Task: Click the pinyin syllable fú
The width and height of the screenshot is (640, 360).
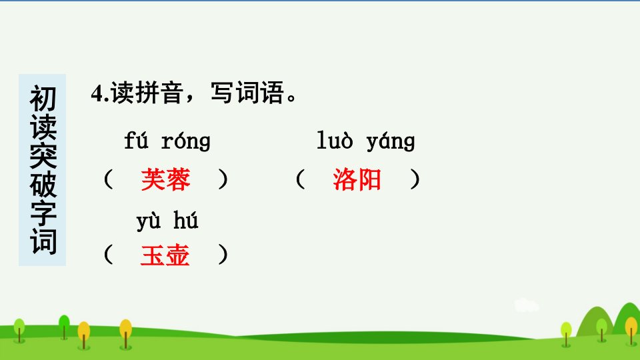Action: point(136,140)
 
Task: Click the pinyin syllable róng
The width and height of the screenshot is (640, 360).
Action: point(186,141)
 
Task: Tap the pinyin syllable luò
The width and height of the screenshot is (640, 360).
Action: point(335,140)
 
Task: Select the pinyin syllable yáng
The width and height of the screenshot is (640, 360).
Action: point(391,141)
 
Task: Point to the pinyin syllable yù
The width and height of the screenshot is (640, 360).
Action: point(149,221)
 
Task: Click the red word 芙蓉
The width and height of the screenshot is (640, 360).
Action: point(165,179)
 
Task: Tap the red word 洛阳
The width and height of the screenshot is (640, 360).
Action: point(357,179)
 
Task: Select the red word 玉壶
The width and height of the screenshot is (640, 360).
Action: point(165,255)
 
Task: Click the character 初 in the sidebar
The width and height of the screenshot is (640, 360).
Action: point(43,99)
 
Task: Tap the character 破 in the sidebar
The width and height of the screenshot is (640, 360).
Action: point(43,185)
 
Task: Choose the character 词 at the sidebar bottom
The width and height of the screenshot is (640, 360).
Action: point(43,241)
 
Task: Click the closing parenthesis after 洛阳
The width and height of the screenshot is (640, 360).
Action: point(415,179)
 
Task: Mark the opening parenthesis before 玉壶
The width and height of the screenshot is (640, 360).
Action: point(108,255)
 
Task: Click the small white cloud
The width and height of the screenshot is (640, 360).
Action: point(526,305)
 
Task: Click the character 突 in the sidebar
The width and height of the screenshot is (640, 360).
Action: point(43,156)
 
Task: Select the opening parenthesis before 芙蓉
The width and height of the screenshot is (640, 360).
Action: point(108,179)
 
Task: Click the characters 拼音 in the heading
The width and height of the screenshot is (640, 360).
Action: point(159,93)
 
